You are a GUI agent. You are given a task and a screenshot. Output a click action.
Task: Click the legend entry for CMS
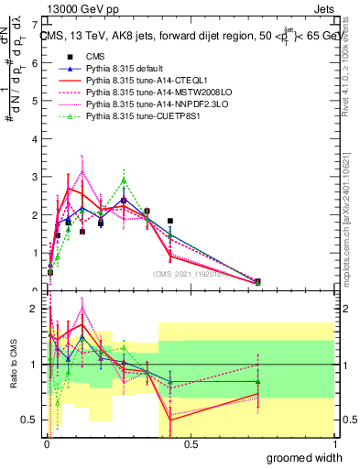point(92,57)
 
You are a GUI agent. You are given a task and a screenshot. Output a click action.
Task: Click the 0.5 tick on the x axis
point(191,444)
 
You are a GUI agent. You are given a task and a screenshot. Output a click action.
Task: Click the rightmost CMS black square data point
point(257,281)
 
